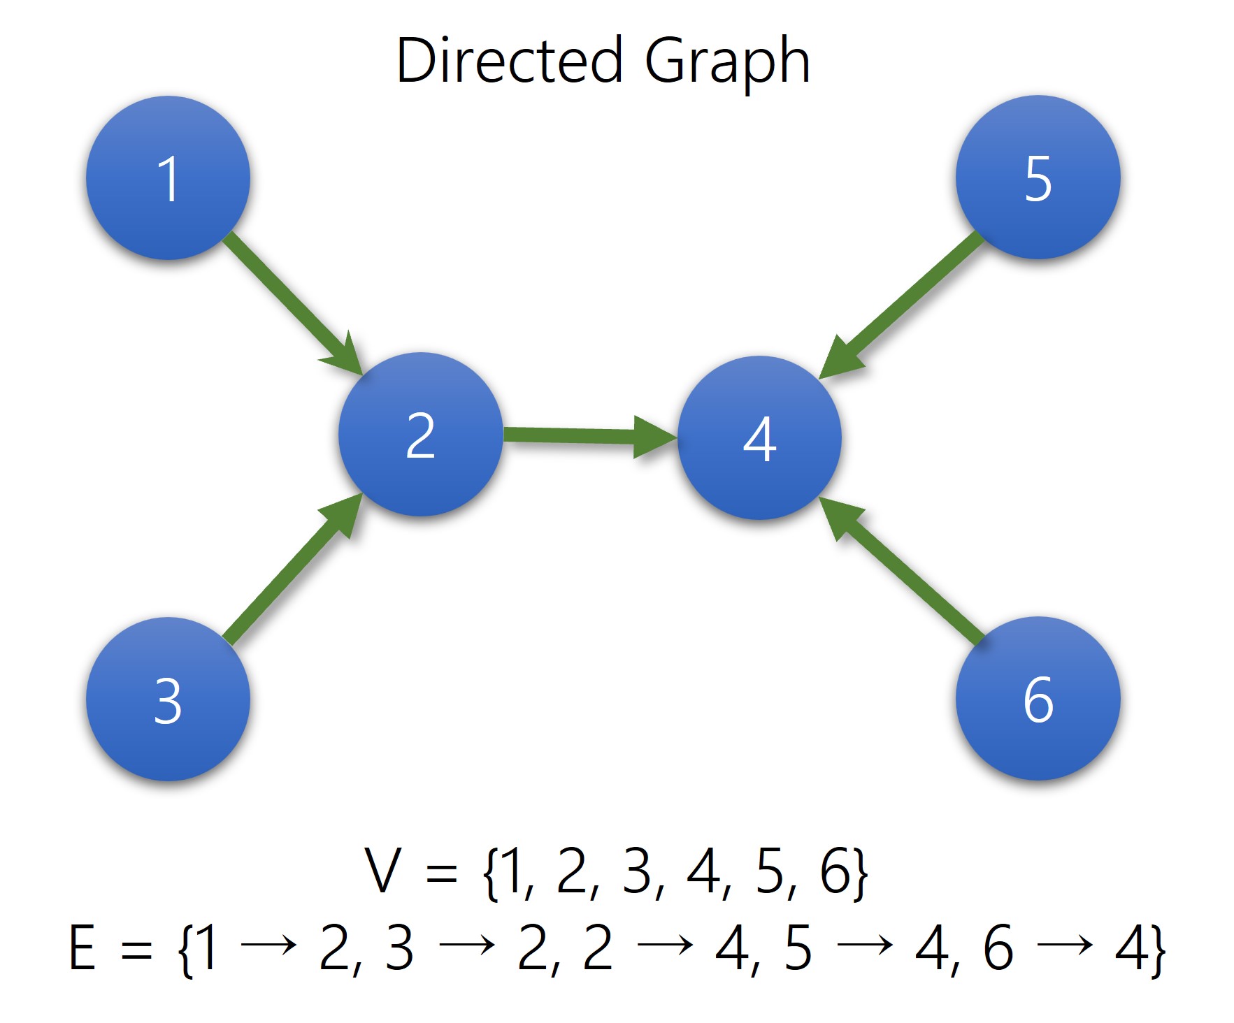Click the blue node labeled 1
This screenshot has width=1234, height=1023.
[x=168, y=178]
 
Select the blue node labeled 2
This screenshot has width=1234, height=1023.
[x=420, y=435]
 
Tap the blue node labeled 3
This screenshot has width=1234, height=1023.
[x=168, y=699]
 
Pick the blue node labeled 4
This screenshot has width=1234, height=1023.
[x=759, y=438]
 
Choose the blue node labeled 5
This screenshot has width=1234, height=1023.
[x=1038, y=177]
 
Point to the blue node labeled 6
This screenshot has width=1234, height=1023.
[x=1038, y=698]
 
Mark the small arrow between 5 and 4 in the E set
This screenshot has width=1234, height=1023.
[x=864, y=945]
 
